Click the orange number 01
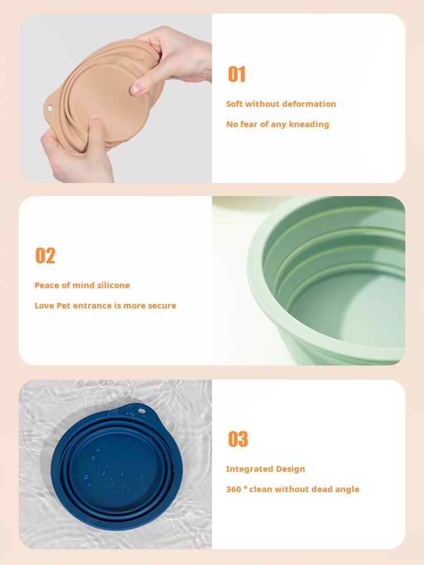click(236, 74)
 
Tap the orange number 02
click(45, 255)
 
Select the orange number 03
click(238, 439)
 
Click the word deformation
click(309, 104)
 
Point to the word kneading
click(309, 124)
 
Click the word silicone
click(113, 285)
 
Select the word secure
click(162, 306)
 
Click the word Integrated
click(244, 469)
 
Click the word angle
click(347, 490)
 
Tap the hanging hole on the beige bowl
click(50, 108)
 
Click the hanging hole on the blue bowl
click(141, 410)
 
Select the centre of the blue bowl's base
click(115, 467)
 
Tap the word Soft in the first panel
click(235, 104)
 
